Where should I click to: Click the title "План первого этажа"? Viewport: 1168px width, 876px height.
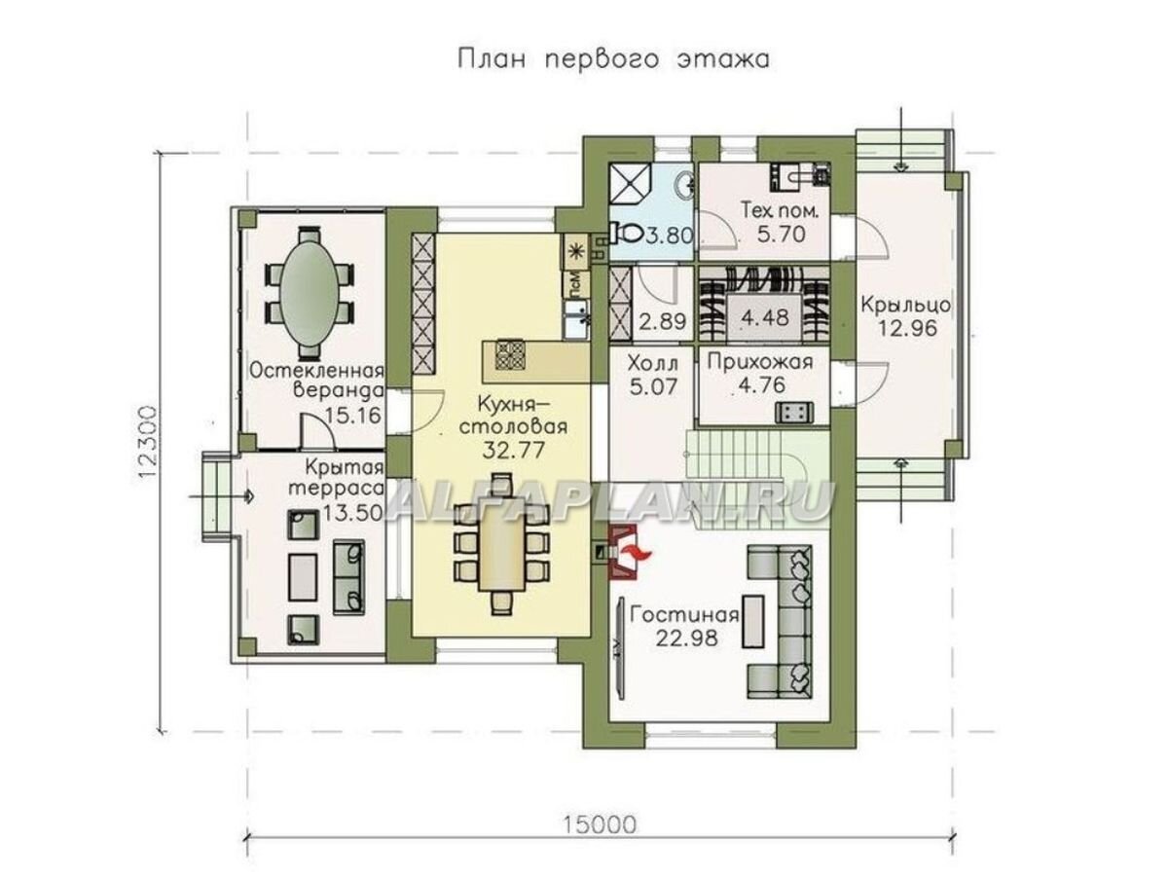(613, 59)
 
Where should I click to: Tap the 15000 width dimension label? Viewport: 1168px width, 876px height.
(599, 825)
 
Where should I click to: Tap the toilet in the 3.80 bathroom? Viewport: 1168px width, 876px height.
(625, 233)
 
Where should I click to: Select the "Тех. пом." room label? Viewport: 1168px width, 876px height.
(781, 210)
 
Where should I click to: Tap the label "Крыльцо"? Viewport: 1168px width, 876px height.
(904, 304)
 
